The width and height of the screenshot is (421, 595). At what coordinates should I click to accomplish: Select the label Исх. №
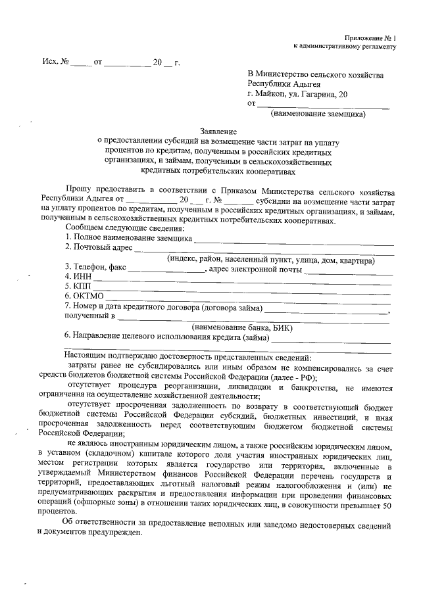click(56, 64)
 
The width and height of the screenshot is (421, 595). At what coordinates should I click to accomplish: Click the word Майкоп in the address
click(274, 94)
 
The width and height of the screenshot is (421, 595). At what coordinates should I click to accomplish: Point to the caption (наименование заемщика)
click(318, 113)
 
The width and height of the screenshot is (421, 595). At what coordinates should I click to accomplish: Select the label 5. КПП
click(77, 287)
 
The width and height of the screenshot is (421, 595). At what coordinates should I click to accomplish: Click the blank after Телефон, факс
click(167, 268)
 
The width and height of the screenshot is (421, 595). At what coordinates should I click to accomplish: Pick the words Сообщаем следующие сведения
click(125, 227)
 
